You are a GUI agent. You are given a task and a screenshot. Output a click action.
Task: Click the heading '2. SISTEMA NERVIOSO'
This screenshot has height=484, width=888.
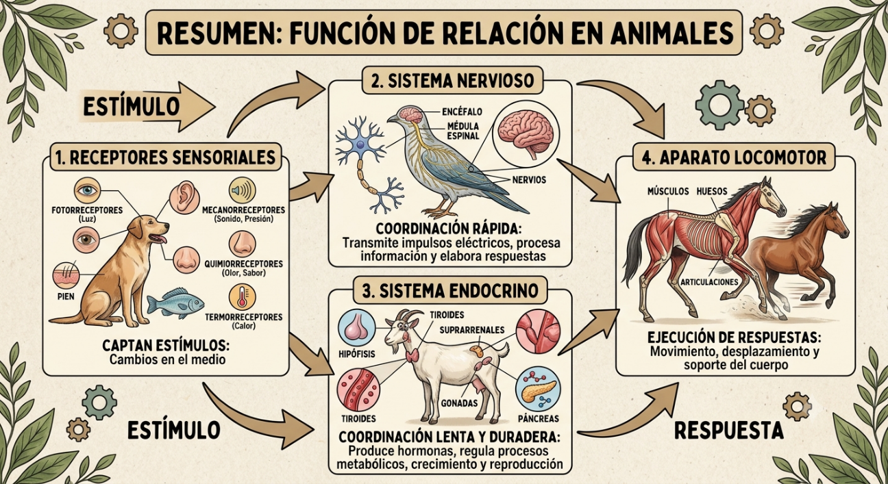tap(453, 81)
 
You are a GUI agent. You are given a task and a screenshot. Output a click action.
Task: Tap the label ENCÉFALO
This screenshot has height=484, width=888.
tap(462, 112)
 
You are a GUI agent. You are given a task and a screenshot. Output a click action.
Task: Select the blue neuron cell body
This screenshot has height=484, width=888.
tap(360, 145)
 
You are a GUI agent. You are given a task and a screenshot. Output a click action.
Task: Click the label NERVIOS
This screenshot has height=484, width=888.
tap(529, 180)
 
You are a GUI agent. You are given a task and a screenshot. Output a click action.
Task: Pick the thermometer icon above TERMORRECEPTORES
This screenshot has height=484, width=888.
tap(243, 297)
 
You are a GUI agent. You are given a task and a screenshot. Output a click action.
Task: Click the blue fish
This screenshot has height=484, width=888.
tap(175, 303)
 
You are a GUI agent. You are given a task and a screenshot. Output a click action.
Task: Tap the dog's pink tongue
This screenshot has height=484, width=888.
tap(158, 238)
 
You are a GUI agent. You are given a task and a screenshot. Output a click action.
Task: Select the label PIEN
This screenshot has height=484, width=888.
tap(66, 296)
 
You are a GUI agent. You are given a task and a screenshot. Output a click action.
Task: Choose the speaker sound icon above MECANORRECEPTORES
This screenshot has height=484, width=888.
tap(242, 190)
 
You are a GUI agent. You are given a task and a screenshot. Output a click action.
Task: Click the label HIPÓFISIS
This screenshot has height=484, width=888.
tap(356, 354)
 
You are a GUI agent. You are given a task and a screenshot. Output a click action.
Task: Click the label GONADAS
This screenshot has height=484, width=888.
tap(460, 403)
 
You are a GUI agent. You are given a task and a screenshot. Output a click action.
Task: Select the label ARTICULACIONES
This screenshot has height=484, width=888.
tap(709, 282)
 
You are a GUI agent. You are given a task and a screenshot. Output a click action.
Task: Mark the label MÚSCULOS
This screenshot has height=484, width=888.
tap(668, 191)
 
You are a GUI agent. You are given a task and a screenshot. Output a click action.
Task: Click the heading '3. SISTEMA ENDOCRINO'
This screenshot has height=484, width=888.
tap(450, 291)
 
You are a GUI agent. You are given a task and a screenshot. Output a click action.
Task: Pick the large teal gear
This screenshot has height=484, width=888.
tap(720, 105)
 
